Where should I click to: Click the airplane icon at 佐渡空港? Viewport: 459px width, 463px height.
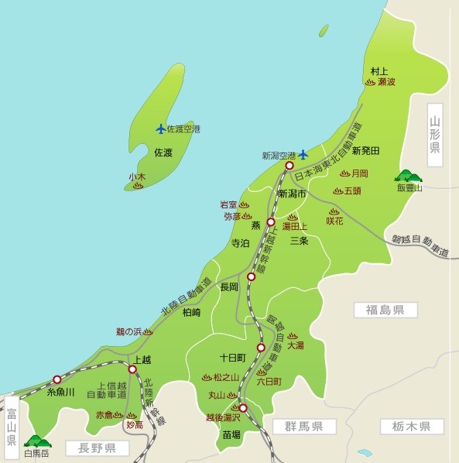coord(161,129)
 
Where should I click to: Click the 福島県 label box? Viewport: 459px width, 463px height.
coord(385,310)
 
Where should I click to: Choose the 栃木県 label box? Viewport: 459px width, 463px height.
coord(411,427)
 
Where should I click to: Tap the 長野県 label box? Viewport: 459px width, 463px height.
coord(91,448)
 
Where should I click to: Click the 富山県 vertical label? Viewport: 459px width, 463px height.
coord(11,424)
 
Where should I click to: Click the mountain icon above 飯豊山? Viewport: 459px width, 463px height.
coord(407,176)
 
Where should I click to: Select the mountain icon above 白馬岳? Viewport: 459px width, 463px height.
coord(36,442)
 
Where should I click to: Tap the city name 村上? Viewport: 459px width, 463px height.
coord(379,70)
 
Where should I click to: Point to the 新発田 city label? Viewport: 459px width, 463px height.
coord(365,150)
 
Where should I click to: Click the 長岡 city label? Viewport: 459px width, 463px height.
coord(229,287)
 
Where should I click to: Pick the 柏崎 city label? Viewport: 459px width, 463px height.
coord(191,313)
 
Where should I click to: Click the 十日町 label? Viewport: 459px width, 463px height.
coord(231,358)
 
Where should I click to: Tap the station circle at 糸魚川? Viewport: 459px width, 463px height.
coord(57,379)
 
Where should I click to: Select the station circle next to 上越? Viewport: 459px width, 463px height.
coord(132,369)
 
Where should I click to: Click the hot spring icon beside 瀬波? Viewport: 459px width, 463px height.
coord(370,81)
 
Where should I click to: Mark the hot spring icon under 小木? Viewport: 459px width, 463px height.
coord(138,187)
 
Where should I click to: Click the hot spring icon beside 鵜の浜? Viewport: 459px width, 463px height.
coord(148,331)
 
